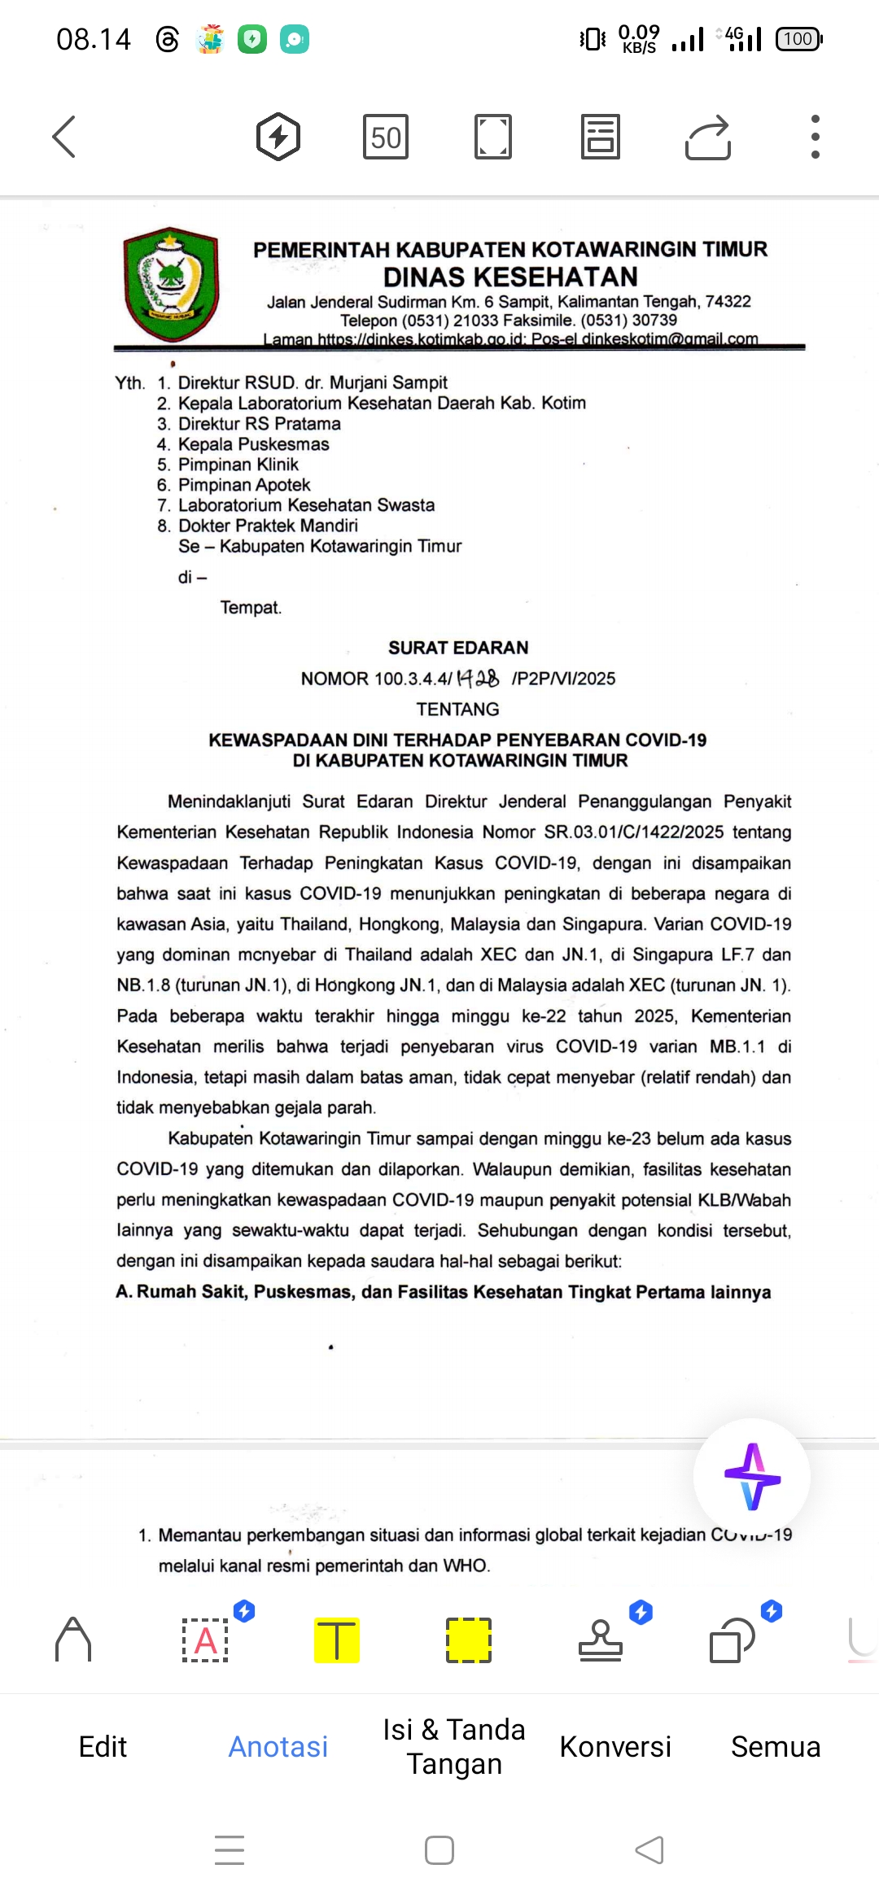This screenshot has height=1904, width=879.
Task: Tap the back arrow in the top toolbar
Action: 64,136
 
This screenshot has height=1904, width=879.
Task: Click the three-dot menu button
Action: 815,136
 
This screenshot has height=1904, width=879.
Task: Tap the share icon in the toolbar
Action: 708,137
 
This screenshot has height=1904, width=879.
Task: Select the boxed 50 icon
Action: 386,137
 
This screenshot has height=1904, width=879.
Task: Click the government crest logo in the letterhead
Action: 171,283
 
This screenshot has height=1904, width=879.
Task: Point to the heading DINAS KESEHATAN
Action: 510,277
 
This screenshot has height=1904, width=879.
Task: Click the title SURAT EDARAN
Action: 458,648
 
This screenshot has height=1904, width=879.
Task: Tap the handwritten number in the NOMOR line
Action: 478,678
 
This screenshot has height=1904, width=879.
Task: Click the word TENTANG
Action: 457,710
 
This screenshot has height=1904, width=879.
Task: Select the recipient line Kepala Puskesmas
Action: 253,444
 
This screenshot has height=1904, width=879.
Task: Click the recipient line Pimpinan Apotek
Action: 244,485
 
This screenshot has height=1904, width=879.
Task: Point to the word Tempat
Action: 251,608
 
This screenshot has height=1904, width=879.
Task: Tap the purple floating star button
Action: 752,1476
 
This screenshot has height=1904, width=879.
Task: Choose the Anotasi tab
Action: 278,1747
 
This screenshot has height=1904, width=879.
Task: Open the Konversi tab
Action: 615,1747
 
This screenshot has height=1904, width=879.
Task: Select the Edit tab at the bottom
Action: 103,1747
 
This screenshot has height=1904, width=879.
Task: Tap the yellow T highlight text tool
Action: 337,1640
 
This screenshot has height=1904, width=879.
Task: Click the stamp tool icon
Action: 601,1640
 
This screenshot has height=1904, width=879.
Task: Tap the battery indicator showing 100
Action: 799,39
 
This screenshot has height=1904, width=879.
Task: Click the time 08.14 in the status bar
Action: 94,39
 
